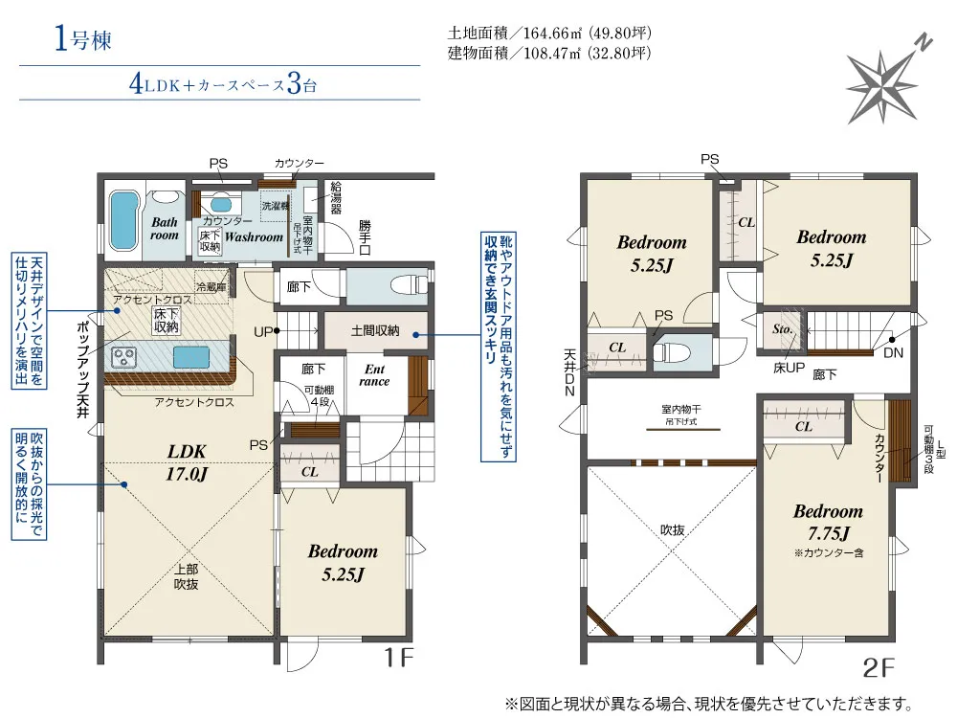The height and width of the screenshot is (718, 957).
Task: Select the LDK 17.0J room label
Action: [187, 462]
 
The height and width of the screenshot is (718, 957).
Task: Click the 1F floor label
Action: [398, 658]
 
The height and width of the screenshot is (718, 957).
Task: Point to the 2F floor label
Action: [879, 668]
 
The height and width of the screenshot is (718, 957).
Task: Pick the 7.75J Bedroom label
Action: [828, 522]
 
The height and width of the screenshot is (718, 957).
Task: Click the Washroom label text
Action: [254, 236]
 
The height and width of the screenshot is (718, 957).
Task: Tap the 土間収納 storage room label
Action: [375, 331]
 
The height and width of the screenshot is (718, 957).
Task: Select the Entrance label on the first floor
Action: [374, 375]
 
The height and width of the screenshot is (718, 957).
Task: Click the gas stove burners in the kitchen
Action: [123, 357]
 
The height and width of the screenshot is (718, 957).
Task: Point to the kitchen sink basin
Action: [191, 357]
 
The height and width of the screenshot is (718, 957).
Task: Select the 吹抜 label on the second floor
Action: [672, 530]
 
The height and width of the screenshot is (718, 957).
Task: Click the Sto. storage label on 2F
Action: [783, 329]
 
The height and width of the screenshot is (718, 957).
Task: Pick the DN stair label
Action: [894, 352]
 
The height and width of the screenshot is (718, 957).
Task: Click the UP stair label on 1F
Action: [263, 332]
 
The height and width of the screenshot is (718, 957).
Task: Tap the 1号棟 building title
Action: [83, 39]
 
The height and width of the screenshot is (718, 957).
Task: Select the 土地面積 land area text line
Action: [549, 33]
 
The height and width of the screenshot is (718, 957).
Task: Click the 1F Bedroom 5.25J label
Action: [343, 562]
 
